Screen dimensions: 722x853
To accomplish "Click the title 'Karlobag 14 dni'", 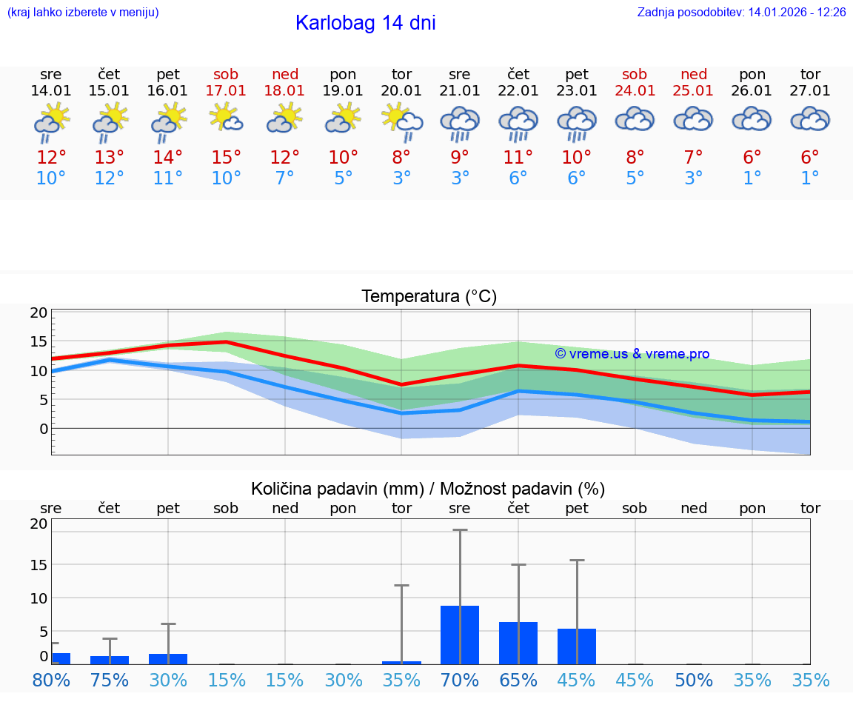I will click(x=365, y=23).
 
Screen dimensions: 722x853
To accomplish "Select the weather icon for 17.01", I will click(x=226, y=118).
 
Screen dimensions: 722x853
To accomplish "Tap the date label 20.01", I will click(x=401, y=91).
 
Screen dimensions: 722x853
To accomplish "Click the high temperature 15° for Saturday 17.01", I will click(x=226, y=158).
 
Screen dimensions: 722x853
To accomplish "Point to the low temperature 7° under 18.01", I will click(x=284, y=178).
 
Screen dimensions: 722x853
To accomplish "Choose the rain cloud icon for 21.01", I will click(x=459, y=122).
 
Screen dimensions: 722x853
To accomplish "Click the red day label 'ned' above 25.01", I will click(x=694, y=74).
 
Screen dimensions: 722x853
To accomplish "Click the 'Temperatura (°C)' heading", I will click(x=429, y=297).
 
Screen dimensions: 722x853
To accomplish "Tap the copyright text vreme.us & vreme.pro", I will click(x=632, y=354).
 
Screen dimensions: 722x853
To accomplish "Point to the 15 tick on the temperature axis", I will click(x=39, y=341).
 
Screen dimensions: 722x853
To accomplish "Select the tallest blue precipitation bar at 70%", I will click(x=459, y=635).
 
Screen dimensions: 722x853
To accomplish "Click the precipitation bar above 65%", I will click(x=518, y=643).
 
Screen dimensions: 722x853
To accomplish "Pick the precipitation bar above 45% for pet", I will click(x=577, y=646).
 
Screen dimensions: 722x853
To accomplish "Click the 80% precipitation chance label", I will click(x=51, y=681).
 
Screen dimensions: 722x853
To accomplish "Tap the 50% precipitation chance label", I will click(x=694, y=681).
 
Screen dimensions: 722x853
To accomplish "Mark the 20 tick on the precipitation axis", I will click(x=39, y=524).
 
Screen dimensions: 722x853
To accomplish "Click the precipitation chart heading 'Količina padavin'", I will click(x=428, y=489).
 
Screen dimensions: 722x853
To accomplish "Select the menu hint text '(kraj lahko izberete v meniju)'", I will click(x=82, y=13).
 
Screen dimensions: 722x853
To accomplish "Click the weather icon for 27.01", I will click(x=810, y=118).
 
